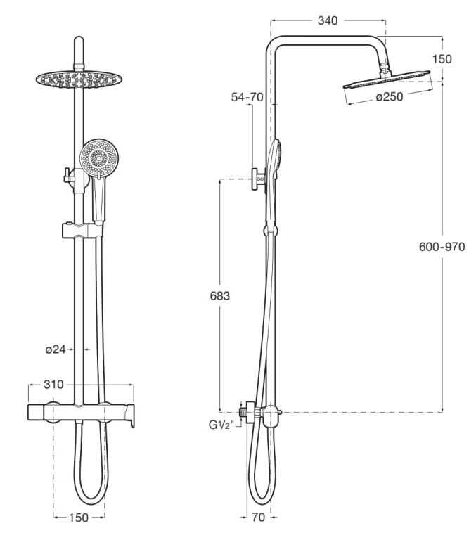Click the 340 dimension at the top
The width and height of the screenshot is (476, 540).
pyautogui.click(x=328, y=20)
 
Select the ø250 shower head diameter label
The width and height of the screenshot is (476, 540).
pyautogui.click(x=389, y=97)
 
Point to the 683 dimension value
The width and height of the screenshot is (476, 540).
pyautogui.click(x=219, y=296)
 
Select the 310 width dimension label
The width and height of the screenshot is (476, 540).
pyautogui.click(x=53, y=384)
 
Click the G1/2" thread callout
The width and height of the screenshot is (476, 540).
pyautogui.click(x=221, y=424)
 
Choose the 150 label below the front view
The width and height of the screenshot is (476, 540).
pyautogui.click(x=79, y=518)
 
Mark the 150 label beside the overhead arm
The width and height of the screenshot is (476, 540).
pyautogui.click(x=442, y=59)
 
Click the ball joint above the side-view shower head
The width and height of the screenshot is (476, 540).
pyautogui.click(x=384, y=68)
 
